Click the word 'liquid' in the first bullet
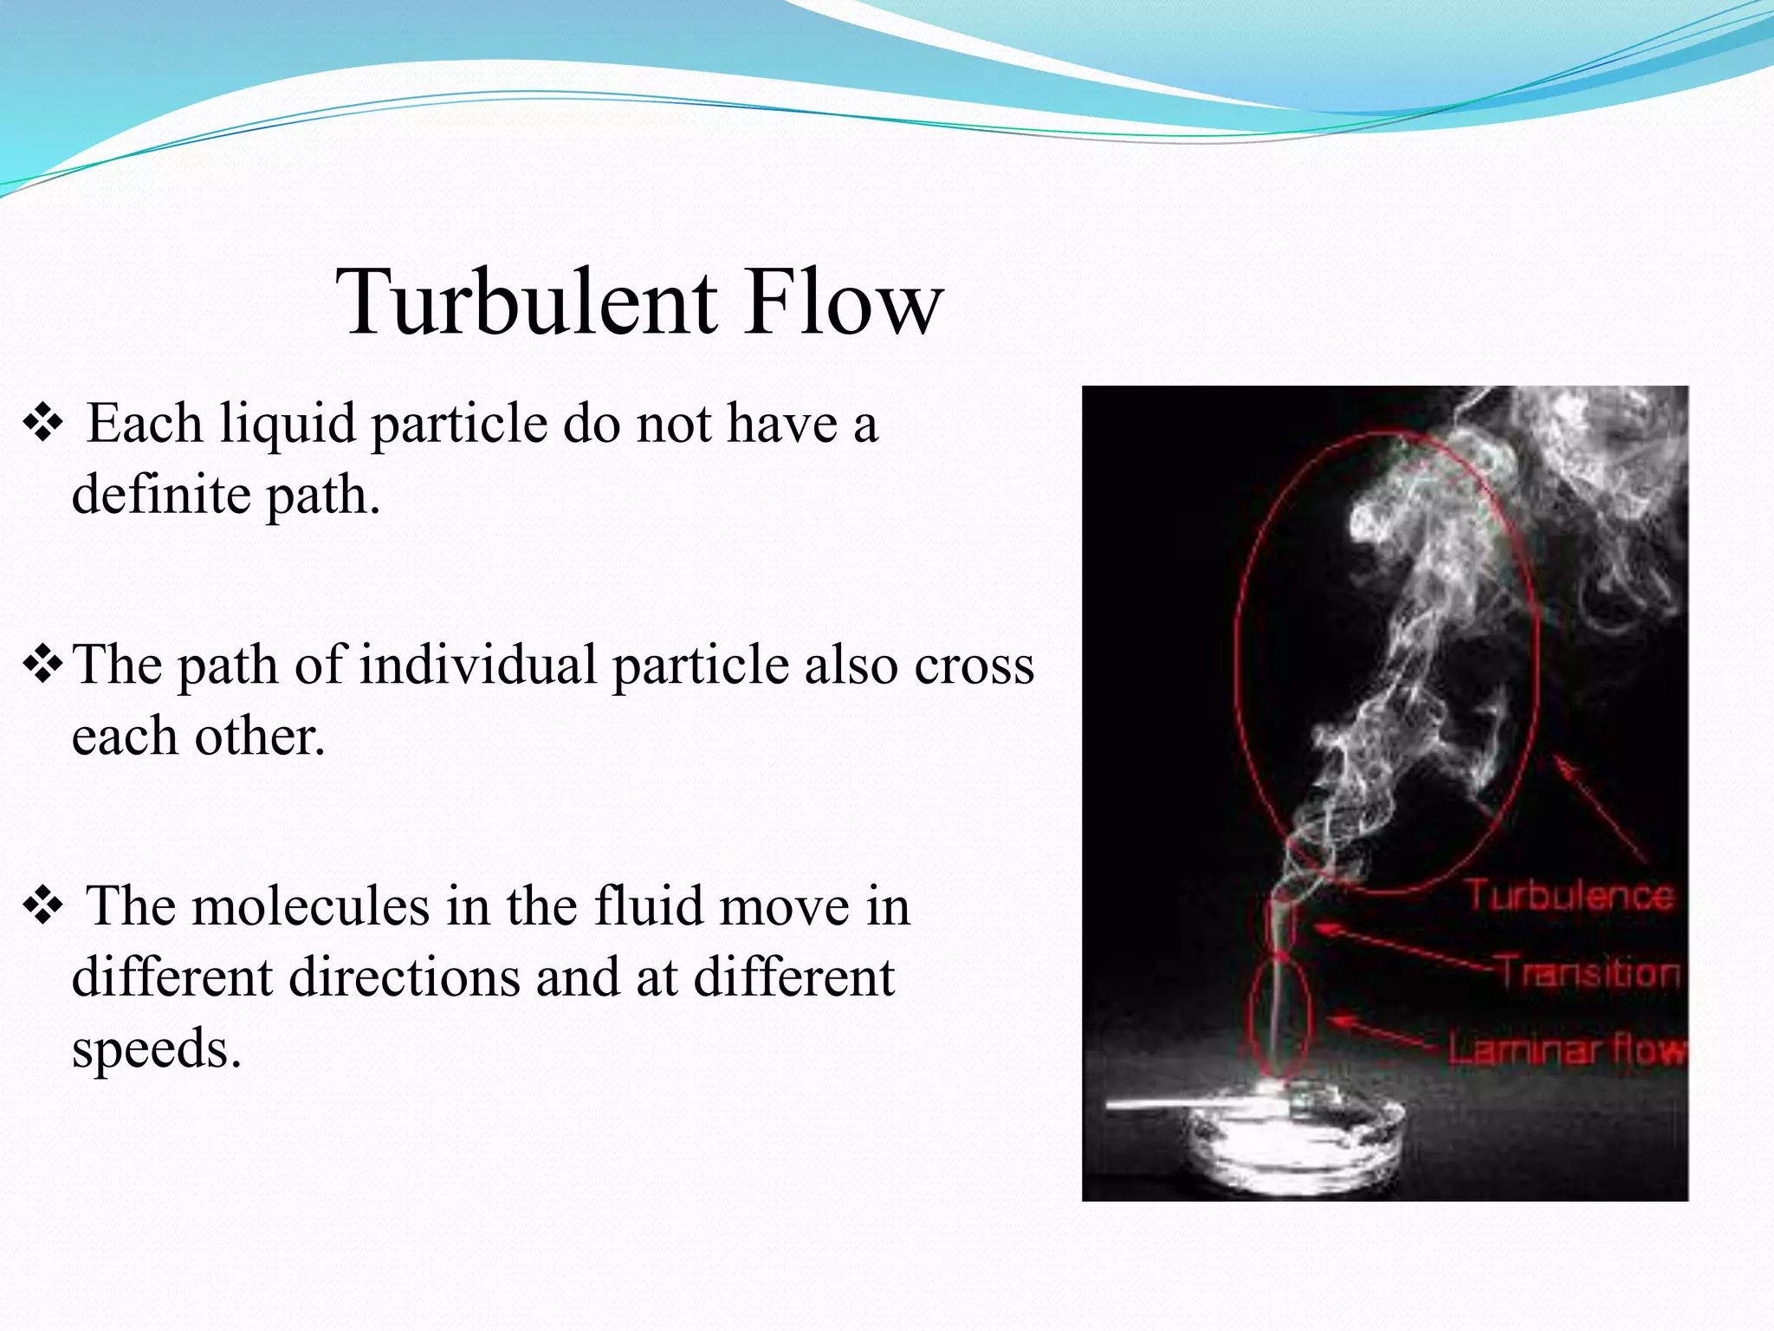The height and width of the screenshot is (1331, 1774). [x=287, y=425]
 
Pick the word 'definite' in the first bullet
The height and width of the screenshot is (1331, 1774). [x=161, y=496]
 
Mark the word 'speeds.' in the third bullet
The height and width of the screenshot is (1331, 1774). [x=156, y=1049]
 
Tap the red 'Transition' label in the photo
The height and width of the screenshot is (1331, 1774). [x=1589, y=971]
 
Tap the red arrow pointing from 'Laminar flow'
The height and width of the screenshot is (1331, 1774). [x=1386, y=1033]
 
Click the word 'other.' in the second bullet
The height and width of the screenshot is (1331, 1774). [x=260, y=737]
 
